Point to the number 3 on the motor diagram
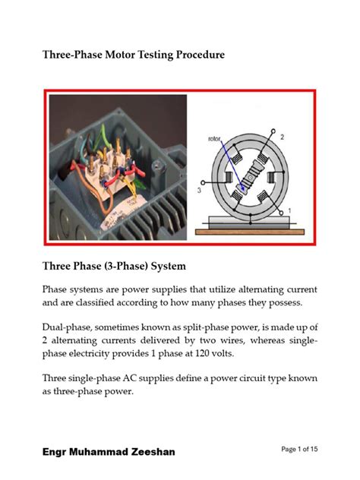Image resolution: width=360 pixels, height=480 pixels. (x=199, y=192)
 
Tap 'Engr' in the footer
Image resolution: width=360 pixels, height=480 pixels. (x=54, y=452)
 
